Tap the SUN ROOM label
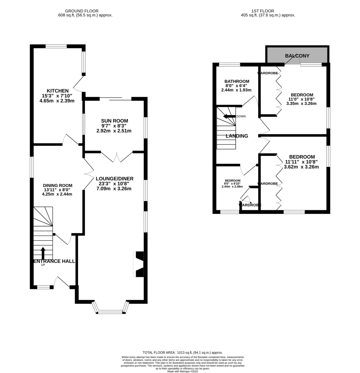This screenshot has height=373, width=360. tap(114, 121)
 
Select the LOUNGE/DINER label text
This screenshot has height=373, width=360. tap(114, 179)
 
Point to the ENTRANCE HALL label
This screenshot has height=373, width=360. tap(54, 261)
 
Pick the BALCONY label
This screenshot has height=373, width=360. tap(297, 56)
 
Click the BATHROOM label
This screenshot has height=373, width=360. tap(237, 81)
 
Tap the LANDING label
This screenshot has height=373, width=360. tap(237, 136)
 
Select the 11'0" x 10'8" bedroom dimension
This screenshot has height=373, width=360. tap(302, 99)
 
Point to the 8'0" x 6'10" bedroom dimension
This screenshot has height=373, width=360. tap(232, 184)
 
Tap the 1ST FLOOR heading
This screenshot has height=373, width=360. tap(268, 11)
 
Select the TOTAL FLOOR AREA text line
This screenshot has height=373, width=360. tap(183, 352)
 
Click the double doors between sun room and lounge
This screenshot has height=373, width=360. tap(117, 157)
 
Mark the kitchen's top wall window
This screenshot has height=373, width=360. tap(56, 47)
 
